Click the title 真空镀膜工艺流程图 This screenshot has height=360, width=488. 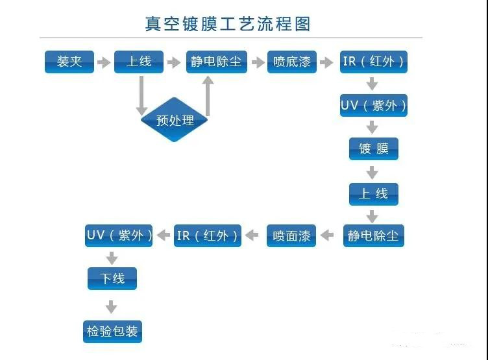tap(228, 25)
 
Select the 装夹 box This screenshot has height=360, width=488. tap(69, 62)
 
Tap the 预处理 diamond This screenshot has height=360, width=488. tap(175, 120)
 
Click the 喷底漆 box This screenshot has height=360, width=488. tap(291, 62)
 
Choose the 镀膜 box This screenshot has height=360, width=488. tap(373, 149)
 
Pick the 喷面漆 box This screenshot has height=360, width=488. tap(291, 235)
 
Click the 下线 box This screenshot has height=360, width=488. tap(112, 279)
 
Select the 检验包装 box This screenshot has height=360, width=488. tap(112, 331)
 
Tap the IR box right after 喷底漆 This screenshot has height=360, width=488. tap(374, 62)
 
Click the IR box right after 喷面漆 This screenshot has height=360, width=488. tap(208, 235)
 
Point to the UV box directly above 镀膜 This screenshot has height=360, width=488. tap(374, 106)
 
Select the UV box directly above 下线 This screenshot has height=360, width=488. tap(119, 235)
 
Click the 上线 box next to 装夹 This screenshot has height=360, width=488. tap(138, 62)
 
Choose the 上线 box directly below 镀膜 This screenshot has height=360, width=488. tap(373, 193)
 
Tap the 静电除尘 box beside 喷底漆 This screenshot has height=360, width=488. tap(216, 62)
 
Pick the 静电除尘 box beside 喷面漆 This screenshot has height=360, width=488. tap(373, 235)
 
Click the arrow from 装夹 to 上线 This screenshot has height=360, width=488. tap(104, 62)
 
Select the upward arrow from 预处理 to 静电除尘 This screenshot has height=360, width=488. tap(208, 96)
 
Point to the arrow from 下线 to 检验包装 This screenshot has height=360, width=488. tap(112, 306)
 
